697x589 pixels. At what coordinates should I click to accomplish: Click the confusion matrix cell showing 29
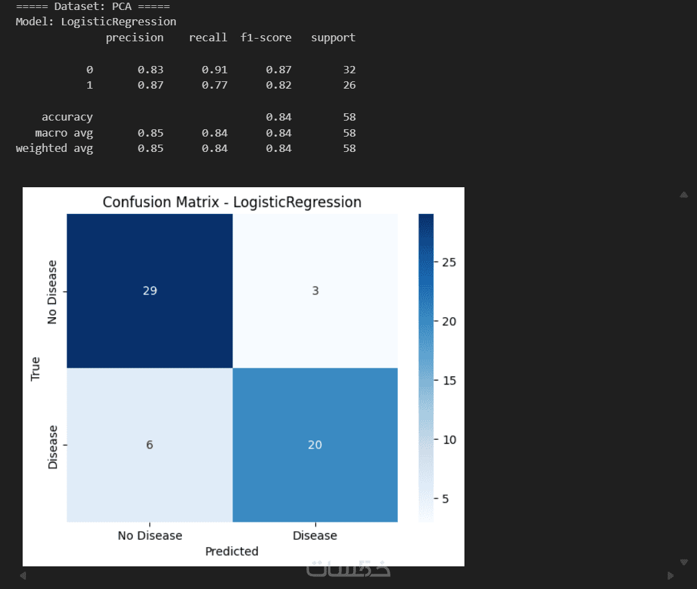pyautogui.click(x=149, y=291)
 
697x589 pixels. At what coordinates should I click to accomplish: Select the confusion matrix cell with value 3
pyautogui.click(x=315, y=291)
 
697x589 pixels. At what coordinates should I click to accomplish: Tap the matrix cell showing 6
pyautogui.click(x=149, y=444)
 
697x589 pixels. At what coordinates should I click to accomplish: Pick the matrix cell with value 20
pyautogui.click(x=315, y=444)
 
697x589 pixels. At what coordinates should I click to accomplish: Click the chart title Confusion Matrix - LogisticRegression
pyautogui.click(x=232, y=202)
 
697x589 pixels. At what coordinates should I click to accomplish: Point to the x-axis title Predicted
pyautogui.click(x=232, y=551)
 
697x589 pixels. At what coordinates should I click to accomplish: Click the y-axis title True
pyautogui.click(x=36, y=368)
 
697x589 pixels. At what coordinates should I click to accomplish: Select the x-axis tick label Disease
pyautogui.click(x=315, y=535)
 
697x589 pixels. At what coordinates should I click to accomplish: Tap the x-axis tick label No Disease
pyautogui.click(x=149, y=535)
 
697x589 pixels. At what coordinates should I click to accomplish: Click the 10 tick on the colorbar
pyautogui.click(x=446, y=440)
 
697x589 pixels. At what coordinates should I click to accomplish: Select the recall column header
pyautogui.click(x=208, y=37)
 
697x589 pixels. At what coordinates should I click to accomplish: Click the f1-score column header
pyautogui.click(x=266, y=37)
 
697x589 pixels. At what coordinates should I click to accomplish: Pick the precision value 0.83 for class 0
pyautogui.click(x=151, y=69)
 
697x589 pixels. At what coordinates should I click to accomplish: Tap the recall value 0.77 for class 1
pyautogui.click(x=215, y=85)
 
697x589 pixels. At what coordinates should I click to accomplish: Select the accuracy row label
pyautogui.click(x=67, y=117)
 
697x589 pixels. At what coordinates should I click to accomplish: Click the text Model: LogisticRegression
pyautogui.click(x=96, y=21)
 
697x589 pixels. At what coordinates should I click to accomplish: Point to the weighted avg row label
pyautogui.click(x=55, y=148)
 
